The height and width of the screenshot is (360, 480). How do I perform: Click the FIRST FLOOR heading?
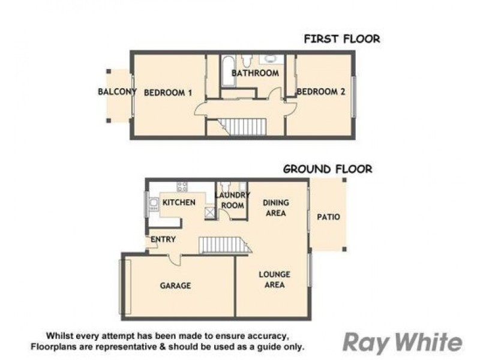[x=341, y=39]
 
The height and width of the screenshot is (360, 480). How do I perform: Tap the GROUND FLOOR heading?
[x=327, y=169]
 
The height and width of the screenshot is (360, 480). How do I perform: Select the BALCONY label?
[x=117, y=92]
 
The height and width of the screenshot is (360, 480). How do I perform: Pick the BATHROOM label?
[x=256, y=73]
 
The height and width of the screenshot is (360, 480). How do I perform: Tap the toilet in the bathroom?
[x=246, y=61]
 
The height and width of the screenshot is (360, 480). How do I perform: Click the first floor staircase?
[x=243, y=127]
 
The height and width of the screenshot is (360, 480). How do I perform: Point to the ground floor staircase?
[x=223, y=245]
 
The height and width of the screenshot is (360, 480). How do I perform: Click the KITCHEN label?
[x=179, y=202]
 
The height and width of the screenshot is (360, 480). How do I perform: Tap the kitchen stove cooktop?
[x=182, y=187]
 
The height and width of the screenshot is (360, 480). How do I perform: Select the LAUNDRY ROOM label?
[x=232, y=200]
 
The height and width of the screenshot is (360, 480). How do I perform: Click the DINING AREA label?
[x=275, y=208]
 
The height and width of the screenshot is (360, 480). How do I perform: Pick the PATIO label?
[x=328, y=217]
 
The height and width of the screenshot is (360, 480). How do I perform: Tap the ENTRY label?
[x=163, y=239]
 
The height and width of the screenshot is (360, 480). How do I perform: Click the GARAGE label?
[x=175, y=286]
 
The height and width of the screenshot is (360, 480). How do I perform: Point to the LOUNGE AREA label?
[x=274, y=279]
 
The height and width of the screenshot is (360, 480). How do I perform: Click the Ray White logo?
[x=402, y=343]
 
